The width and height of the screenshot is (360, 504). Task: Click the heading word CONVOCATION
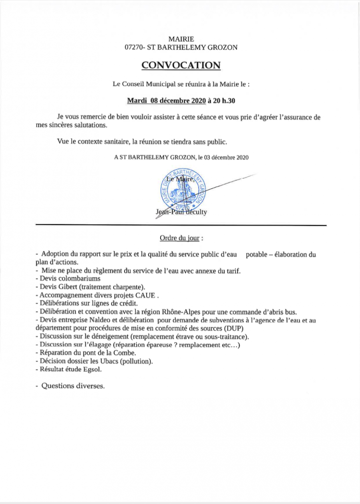(181, 65)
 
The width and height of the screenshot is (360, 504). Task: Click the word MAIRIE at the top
(181, 39)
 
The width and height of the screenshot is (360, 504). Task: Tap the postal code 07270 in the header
(133, 47)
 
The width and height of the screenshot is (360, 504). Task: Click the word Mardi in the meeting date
(136, 101)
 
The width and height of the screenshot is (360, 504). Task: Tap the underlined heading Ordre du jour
(179, 238)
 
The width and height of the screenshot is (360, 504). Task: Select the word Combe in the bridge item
(126, 353)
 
